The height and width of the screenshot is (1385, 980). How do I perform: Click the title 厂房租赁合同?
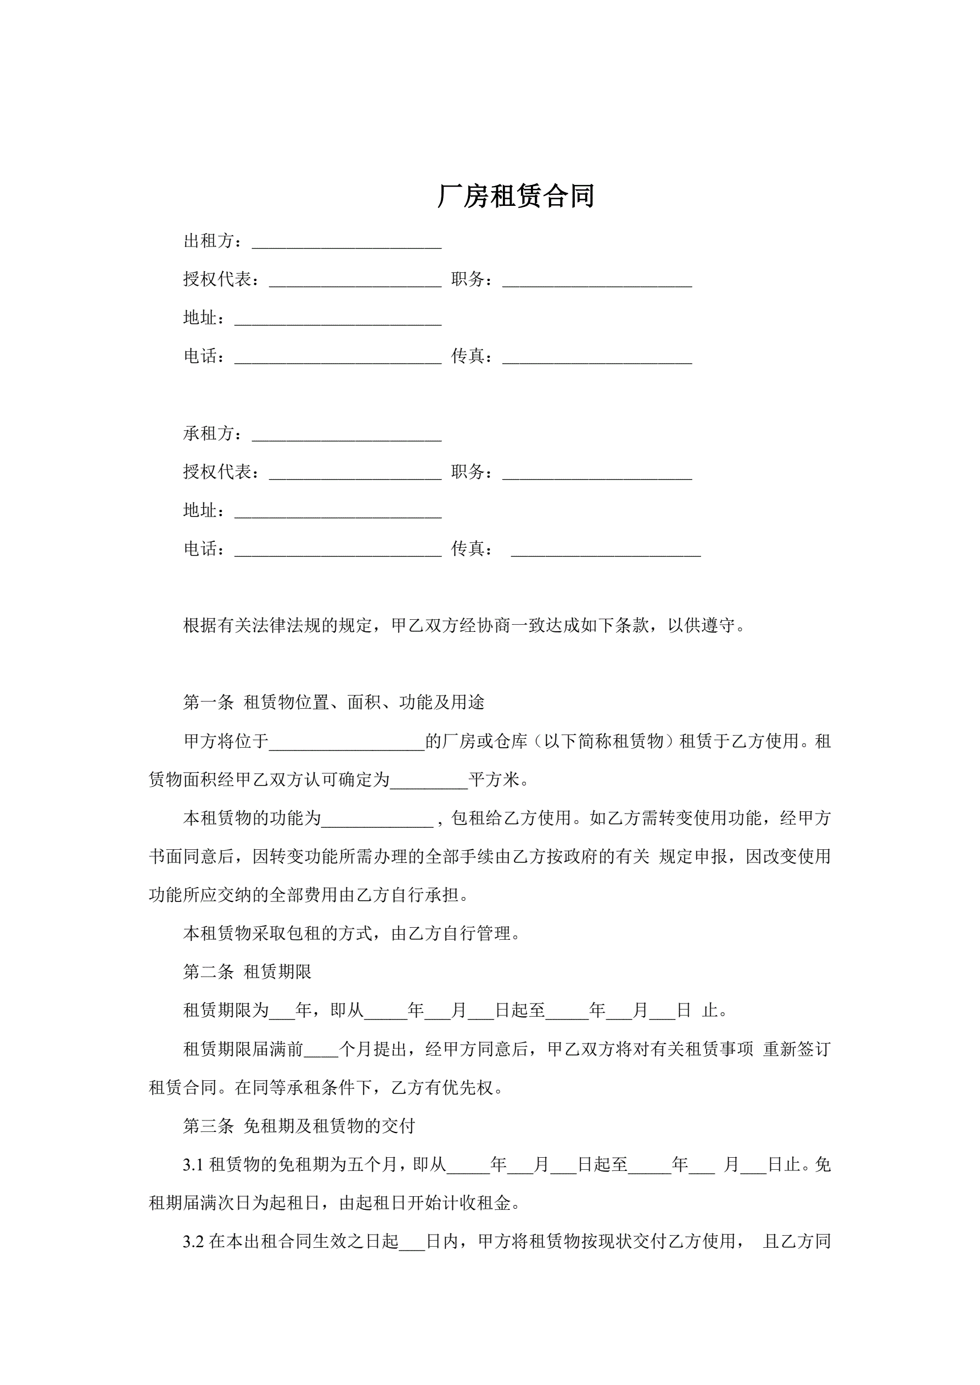(x=516, y=197)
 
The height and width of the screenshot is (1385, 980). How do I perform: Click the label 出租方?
(x=209, y=242)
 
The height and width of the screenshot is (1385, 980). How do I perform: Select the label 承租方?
(x=209, y=434)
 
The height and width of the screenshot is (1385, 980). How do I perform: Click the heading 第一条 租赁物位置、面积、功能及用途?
(x=334, y=703)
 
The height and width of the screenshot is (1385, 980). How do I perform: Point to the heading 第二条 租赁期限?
(x=248, y=972)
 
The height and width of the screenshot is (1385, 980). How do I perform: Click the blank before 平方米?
(x=429, y=781)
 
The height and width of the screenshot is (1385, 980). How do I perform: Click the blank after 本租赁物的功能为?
(x=377, y=820)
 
